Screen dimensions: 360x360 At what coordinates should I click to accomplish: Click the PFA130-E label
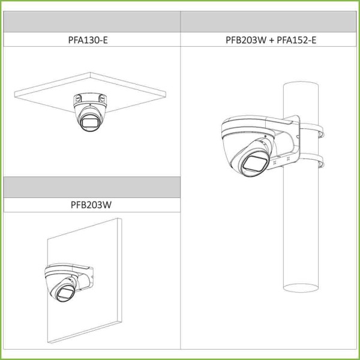coord(88,40)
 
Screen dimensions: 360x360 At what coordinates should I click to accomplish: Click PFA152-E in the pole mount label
coord(296,40)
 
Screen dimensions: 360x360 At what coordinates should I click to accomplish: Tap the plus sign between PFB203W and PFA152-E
coord(272,40)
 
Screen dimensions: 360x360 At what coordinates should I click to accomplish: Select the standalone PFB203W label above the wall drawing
coord(91,205)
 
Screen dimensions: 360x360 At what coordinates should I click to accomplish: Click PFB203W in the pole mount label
coord(246,40)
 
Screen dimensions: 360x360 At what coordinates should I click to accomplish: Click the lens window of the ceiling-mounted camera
coord(89,122)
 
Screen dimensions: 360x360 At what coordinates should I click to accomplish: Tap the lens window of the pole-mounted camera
coord(256,163)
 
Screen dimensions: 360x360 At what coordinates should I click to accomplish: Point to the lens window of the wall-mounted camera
coord(65,292)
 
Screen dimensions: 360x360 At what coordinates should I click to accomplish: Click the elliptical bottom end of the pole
coord(301,288)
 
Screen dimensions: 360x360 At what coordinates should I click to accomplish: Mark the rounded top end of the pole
coord(301,84)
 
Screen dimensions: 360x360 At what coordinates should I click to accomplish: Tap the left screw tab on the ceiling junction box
coord(77,98)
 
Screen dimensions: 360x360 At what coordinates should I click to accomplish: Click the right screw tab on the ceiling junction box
coord(103,98)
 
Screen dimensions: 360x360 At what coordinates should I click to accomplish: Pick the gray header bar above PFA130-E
coord(92,22)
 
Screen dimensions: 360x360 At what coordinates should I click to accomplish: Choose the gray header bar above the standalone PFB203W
coord(92,187)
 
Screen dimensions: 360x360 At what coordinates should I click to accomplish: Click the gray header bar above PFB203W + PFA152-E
coord(268,22)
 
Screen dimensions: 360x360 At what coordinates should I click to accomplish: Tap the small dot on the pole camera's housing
coord(266,136)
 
